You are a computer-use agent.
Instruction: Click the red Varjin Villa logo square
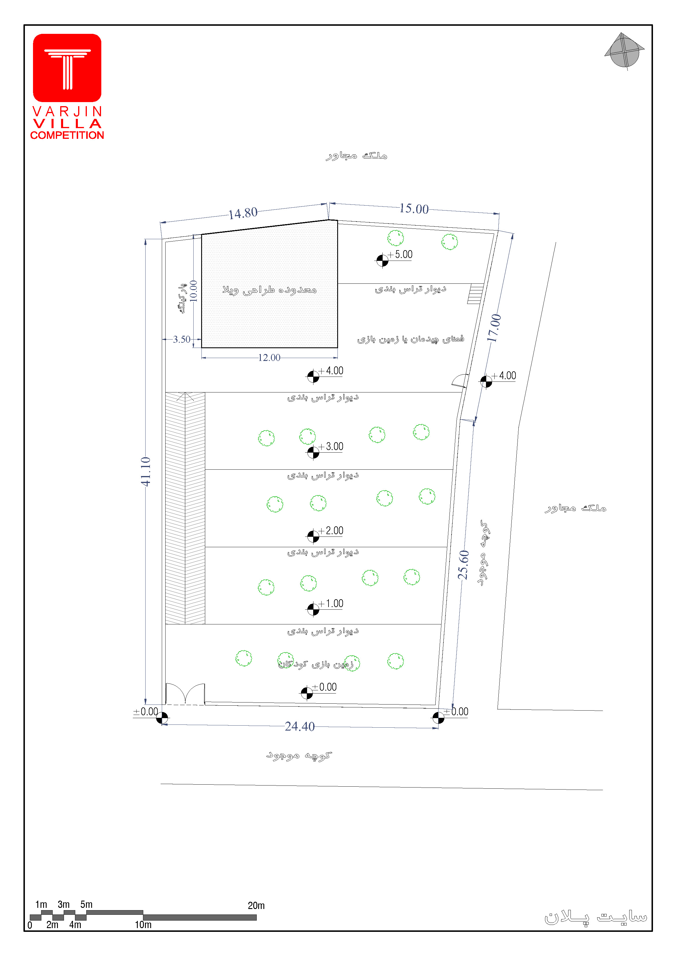point(67,68)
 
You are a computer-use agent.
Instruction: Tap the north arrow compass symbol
point(624,51)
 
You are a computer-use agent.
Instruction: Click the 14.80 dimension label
point(243,213)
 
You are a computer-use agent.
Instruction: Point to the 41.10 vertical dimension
point(145,471)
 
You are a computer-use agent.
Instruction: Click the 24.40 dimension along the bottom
point(300,726)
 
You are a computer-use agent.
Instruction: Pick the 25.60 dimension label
point(463,565)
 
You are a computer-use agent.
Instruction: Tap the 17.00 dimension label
point(494,328)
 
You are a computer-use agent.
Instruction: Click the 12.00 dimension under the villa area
point(269,358)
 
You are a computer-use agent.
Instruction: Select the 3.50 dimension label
point(181,339)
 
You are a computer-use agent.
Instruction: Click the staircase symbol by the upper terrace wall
point(475,294)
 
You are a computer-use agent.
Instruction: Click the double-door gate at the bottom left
point(185,693)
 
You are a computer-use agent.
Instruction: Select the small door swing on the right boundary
point(460,381)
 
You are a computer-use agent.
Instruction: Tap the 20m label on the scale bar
point(256,905)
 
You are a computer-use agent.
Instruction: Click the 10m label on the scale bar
point(143,925)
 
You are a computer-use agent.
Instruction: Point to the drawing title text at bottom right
point(595,917)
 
